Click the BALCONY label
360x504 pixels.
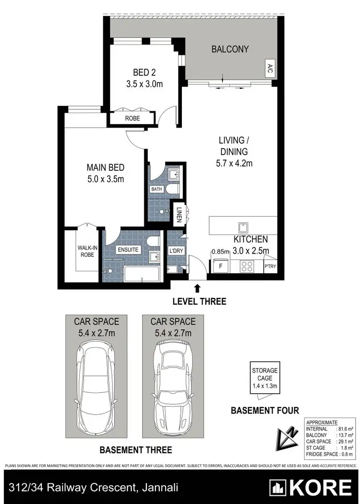point(230,49)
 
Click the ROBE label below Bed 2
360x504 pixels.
point(132,118)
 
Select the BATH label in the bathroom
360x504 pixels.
point(157,189)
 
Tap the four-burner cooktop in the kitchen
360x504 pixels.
point(247,265)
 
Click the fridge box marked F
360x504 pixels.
point(220,265)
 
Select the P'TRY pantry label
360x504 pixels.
point(270,267)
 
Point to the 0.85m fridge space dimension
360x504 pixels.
point(219,250)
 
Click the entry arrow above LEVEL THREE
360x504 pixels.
point(197,288)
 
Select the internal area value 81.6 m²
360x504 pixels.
point(342,429)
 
